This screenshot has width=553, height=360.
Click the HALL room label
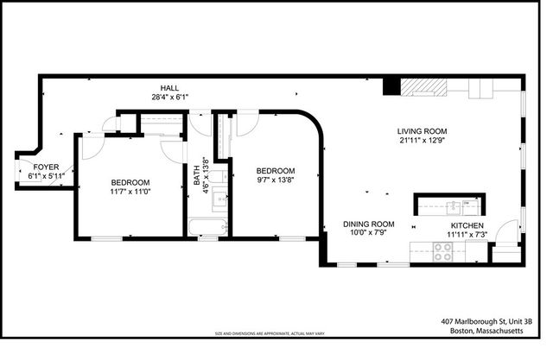click(x=169, y=88)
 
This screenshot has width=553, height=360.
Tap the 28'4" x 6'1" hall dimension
click(x=169, y=98)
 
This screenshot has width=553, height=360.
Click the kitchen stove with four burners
click(x=444, y=250)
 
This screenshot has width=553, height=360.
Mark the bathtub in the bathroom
click(x=207, y=228)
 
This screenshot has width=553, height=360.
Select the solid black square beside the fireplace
click(x=391, y=85)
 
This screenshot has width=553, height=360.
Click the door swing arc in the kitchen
click(x=503, y=251)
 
